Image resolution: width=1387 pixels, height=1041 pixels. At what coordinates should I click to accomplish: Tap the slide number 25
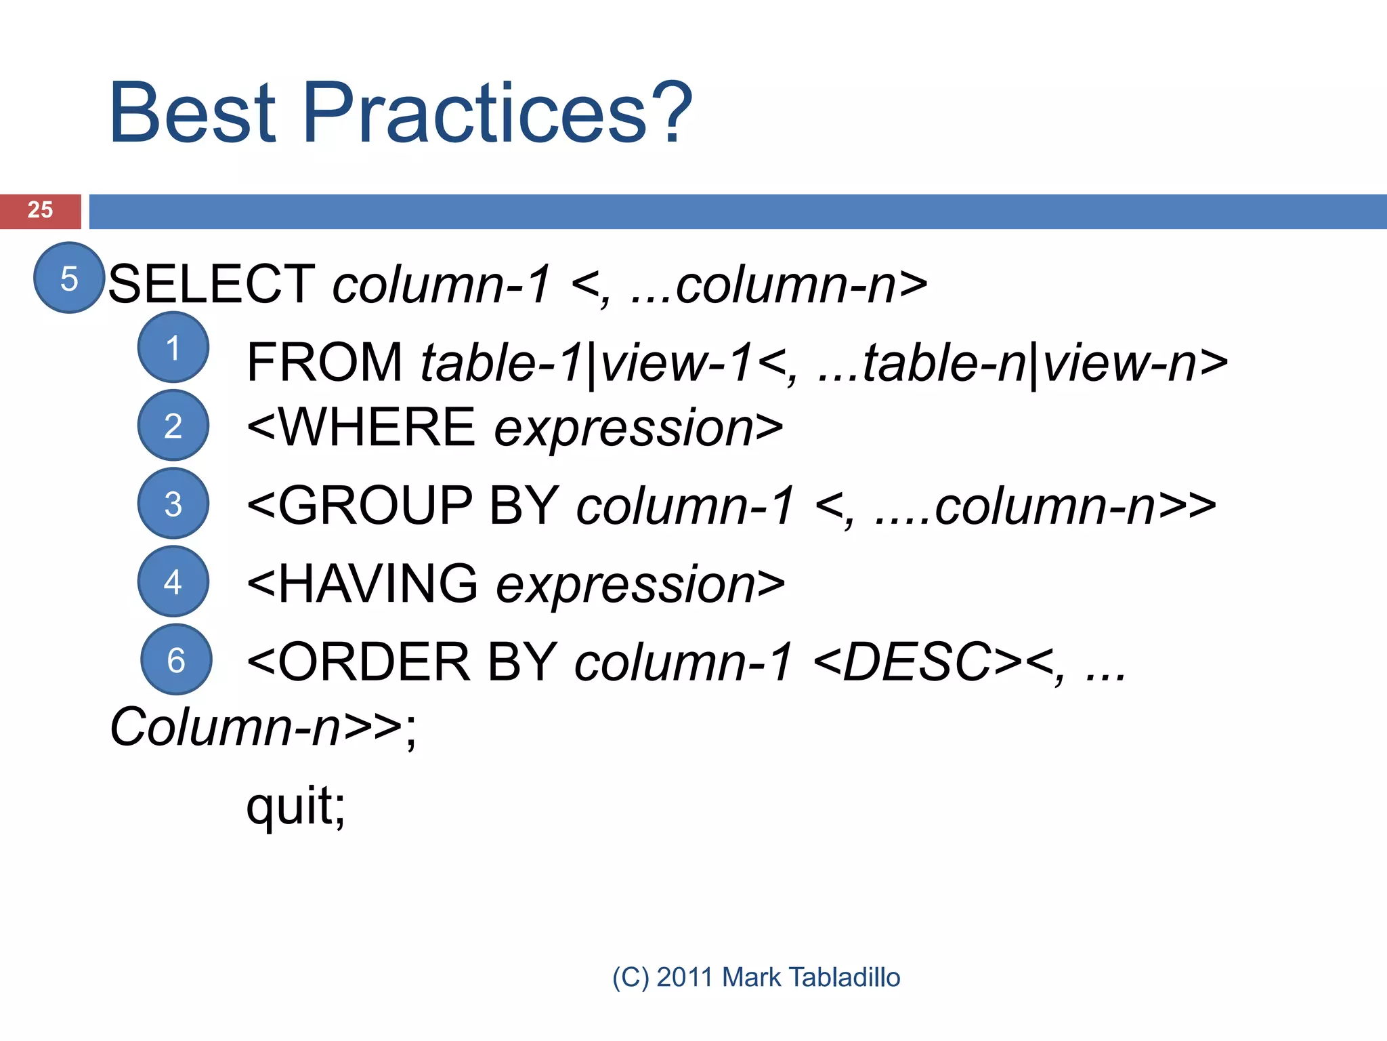40,210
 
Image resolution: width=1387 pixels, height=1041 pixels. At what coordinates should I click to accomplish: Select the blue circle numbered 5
69,278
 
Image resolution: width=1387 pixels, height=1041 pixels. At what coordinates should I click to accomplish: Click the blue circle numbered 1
173,348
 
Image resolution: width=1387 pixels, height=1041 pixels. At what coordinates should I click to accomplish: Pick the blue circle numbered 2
173,426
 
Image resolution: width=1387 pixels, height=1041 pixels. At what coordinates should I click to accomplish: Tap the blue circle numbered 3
173,504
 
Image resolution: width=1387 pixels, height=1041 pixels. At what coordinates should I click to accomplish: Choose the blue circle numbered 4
173,581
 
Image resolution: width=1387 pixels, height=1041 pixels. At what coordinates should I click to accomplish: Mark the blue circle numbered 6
176,659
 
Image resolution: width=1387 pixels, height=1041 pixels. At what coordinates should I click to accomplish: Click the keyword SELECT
211,284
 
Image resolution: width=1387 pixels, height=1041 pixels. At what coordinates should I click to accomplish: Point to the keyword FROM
324,363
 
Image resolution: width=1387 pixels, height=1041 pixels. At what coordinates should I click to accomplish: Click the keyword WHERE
377,428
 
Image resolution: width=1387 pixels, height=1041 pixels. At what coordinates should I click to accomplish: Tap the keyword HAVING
377,584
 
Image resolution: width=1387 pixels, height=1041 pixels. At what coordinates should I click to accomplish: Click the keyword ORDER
374,662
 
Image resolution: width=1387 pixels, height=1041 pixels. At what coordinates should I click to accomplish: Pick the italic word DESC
917,662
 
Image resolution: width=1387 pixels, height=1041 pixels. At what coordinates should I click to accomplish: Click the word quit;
296,807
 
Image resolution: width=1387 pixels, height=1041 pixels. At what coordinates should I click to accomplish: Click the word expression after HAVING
625,586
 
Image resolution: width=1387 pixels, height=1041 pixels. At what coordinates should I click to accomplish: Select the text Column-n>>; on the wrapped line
263,727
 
